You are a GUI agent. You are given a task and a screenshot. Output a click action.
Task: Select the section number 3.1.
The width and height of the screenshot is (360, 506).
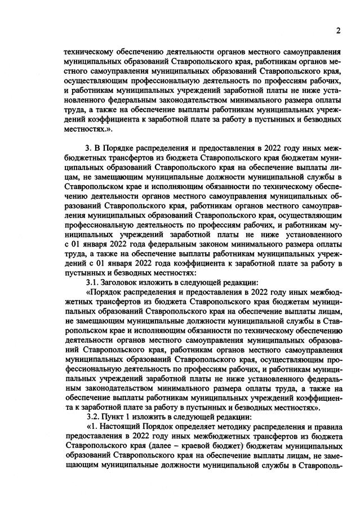click(92, 281)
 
